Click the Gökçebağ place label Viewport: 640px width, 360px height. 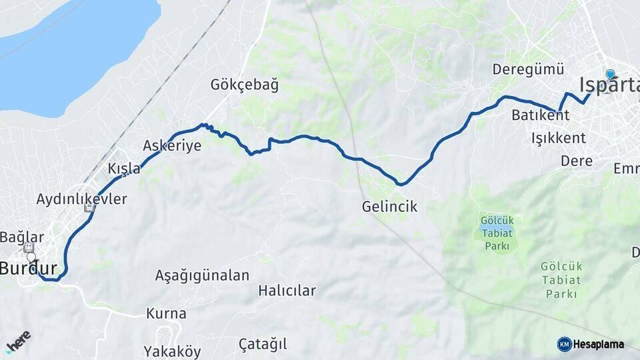coord(244,85)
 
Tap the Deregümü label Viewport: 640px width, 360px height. coord(528,69)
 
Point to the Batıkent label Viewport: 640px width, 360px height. coord(540,115)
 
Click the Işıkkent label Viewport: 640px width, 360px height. coord(558,138)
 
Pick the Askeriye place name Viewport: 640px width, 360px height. coord(172,146)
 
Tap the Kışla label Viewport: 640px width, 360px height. coord(124,169)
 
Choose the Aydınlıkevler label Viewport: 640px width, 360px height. coord(81,199)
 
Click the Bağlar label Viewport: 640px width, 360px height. coord(21,237)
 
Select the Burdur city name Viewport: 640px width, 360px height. coord(28,269)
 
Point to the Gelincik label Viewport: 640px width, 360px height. coord(389,207)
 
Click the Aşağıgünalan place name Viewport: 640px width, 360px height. coord(202,275)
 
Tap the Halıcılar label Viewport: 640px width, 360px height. coord(287,291)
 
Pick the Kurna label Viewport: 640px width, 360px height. coord(166,313)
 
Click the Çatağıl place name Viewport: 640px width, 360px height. coord(263,344)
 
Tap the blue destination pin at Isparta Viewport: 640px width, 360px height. coord(610,75)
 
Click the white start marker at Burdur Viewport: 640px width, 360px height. coord(31,257)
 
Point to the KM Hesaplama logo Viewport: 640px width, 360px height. coord(591,344)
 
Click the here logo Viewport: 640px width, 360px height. coord(18,342)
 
